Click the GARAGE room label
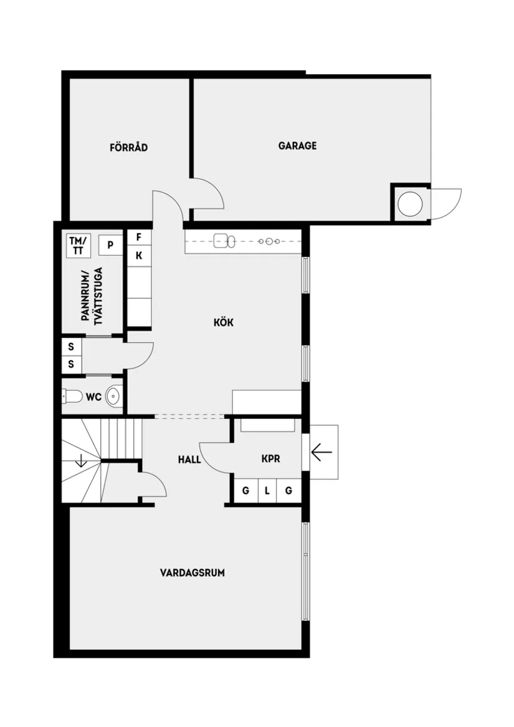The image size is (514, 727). click(x=297, y=146)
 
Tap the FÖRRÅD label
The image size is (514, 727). click(x=128, y=148)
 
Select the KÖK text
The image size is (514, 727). click(x=223, y=322)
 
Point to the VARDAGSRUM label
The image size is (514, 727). click(x=192, y=572)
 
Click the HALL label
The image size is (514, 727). click(x=189, y=460)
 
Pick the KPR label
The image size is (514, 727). click(x=270, y=458)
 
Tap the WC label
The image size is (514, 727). click(x=93, y=397)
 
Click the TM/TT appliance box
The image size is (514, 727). click(x=79, y=245)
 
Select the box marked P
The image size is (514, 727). click(x=110, y=245)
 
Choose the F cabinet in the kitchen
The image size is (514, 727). click(x=139, y=238)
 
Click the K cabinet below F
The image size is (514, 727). click(x=139, y=255)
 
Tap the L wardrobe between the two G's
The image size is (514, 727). click(x=267, y=491)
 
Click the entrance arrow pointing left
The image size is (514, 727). click(x=321, y=451)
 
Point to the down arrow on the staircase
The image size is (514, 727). click(x=81, y=462)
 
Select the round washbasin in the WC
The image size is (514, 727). click(x=114, y=396)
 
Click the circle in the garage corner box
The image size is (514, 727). click(x=410, y=203)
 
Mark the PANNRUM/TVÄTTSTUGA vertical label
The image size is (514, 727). click(x=92, y=294)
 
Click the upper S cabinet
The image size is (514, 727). click(x=71, y=347)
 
